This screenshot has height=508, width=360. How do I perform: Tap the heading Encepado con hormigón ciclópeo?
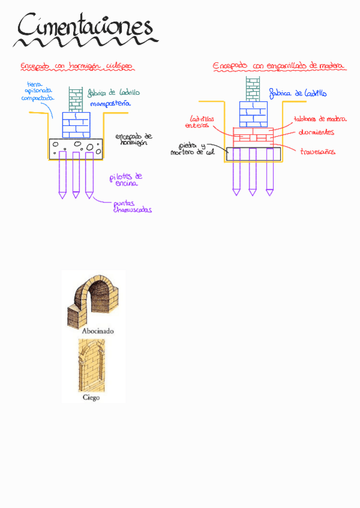coord(76,66)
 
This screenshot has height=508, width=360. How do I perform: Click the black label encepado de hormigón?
coord(134,139)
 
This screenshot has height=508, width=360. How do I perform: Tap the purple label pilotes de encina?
coord(126,180)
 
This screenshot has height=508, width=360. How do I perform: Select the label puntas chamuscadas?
coord(132,207)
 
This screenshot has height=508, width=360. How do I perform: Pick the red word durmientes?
coord(316,132)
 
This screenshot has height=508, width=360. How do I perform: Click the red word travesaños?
coord(317,152)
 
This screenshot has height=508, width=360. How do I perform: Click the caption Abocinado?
coord(94,331)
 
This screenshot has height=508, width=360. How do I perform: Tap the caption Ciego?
coord(91,397)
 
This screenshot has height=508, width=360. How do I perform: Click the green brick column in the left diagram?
coord(75,99)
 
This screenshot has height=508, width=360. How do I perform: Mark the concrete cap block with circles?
coord(76,148)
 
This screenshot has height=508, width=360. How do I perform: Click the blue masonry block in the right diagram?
coord(253,114)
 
